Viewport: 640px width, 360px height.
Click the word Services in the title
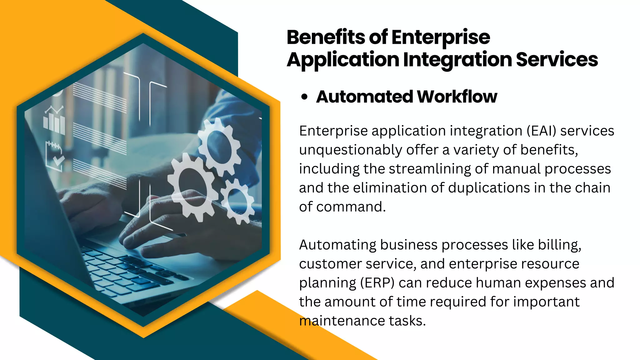[557, 59]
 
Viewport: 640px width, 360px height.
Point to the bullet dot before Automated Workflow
[304, 97]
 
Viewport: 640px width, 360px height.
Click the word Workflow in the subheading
[457, 97]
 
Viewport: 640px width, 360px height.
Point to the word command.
[351, 207]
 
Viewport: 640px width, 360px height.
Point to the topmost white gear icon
[219, 147]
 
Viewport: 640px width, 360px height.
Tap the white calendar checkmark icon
[55, 156]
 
